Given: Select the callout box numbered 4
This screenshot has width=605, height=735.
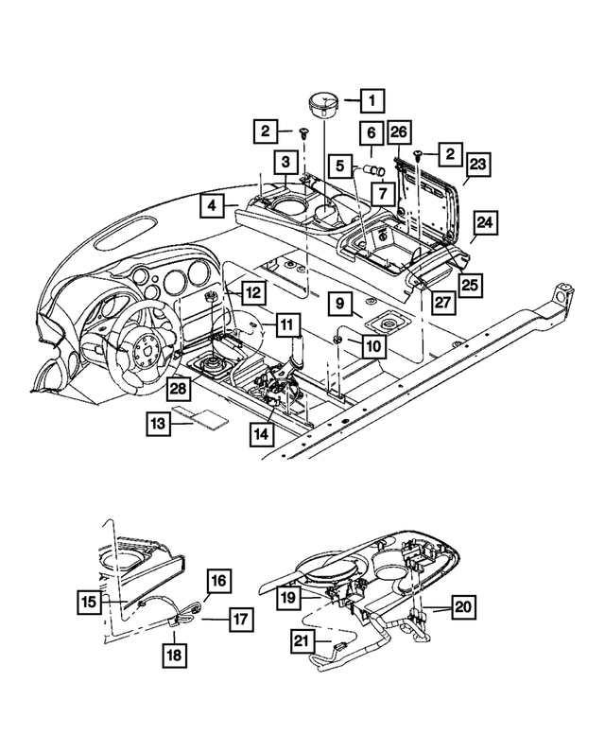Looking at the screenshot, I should pyautogui.click(x=213, y=204).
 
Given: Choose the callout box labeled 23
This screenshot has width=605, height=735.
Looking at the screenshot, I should pyautogui.click(x=478, y=164).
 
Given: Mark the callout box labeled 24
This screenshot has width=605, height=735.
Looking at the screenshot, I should pyautogui.click(x=484, y=224).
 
